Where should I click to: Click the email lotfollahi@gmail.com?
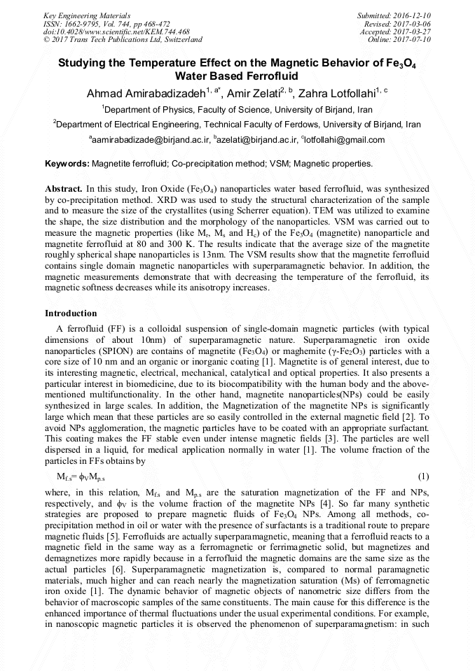[x=345, y=140]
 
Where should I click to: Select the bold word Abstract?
[x=63, y=189]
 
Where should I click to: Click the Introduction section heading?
[x=71, y=313]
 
